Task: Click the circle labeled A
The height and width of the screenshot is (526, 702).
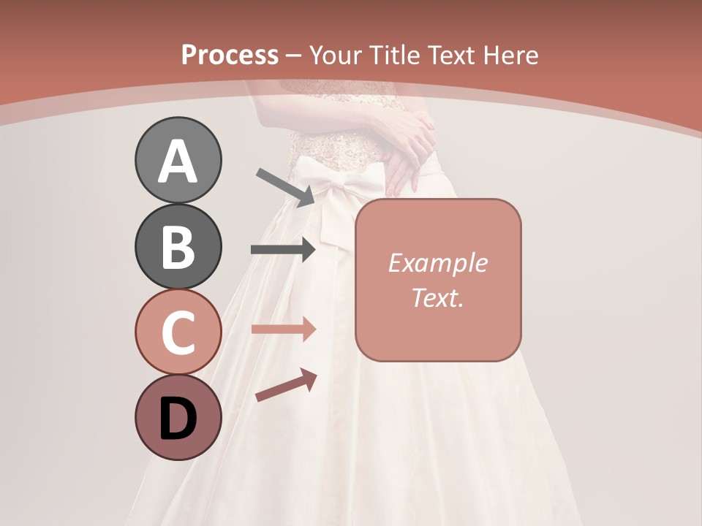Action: click(178, 161)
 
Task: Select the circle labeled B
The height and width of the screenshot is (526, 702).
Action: click(178, 246)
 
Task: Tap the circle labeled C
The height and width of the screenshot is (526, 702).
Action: click(178, 332)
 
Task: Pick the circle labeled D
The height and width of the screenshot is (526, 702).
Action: click(178, 417)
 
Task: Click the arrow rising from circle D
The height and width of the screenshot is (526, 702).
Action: click(286, 386)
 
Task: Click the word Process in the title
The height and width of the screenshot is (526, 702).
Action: click(230, 55)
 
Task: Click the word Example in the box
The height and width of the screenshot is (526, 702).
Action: click(437, 263)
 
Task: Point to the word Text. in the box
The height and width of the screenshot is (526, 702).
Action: click(437, 297)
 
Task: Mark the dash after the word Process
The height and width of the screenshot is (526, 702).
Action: click(294, 56)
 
